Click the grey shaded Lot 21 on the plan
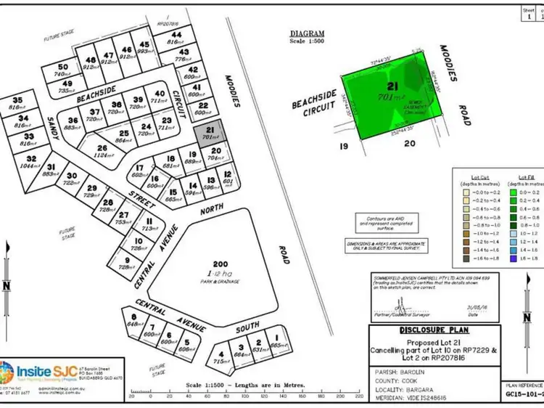(x=209, y=131)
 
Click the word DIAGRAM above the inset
(x=307, y=33)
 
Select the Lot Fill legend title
(x=527, y=176)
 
